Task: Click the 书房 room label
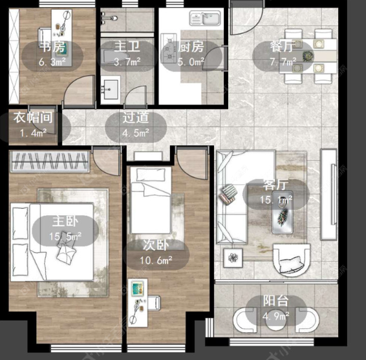coord(52,47)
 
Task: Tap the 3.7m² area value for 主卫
coord(127,62)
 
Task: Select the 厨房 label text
coord(191,47)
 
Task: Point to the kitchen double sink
coord(205,18)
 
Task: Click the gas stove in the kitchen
coord(168,48)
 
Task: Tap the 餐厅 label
coord(282,47)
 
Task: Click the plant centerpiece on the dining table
coord(308,56)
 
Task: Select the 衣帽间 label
coord(33,118)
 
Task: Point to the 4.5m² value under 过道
coord(136,133)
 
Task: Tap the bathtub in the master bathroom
coord(114,56)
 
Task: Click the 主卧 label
coord(65,221)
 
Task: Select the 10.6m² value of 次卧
coord(156,260)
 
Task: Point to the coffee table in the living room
coord(283,212)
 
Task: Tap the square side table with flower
coord(233,258)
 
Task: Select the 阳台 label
coord(275,301)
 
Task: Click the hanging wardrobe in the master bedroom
coord(50,162)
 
